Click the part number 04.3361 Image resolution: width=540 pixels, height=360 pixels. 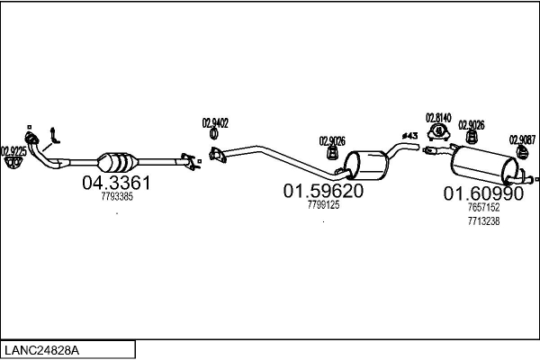pos(116,183)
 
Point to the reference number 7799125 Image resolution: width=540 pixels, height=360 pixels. pos(322,205)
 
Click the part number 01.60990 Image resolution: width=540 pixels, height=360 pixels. pos(482,194)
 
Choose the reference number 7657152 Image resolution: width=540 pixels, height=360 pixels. pos(483,208)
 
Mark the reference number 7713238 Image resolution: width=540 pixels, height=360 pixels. pos(483,221)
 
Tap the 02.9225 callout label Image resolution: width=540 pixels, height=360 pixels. pos(13,151)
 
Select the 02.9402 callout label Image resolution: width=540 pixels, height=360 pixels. pos(215,123)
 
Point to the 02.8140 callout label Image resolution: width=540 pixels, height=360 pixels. pos(438,118)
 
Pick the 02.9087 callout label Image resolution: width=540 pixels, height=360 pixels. pos(522,139)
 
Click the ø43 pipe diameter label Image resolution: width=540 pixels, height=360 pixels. pos(409,136)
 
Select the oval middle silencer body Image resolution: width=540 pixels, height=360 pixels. pos(368,165)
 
